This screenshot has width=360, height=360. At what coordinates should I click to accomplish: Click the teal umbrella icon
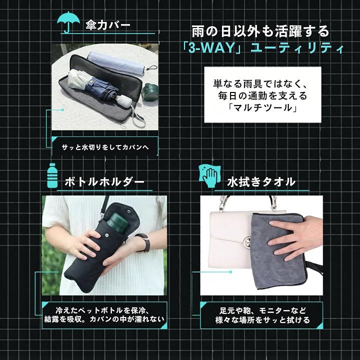click(x=68, y=21)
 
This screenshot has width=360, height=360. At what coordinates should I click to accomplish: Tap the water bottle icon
click(x=52, y=175)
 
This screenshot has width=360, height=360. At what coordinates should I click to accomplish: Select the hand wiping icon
click(x=209, y=176)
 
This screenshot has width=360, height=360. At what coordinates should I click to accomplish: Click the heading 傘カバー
click(x=108, y=25)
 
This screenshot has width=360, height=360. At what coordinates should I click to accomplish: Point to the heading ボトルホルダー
click(x=104, y=182)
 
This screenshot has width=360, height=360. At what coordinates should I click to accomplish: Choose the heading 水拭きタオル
click(x=261, y=182)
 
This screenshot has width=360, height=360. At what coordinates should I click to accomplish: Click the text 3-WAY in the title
click(x=211, y=48)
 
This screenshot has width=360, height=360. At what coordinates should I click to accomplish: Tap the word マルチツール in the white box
click(x=262, y=107)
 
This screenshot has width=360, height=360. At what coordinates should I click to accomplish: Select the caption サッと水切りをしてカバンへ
click(x=105, y=147)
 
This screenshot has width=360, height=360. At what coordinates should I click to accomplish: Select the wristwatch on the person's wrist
click(x=144, y=242)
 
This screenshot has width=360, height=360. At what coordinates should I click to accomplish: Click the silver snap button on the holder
click(x=106, y=234)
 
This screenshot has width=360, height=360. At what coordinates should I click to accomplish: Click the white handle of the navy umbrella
click(x=124, y=100)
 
